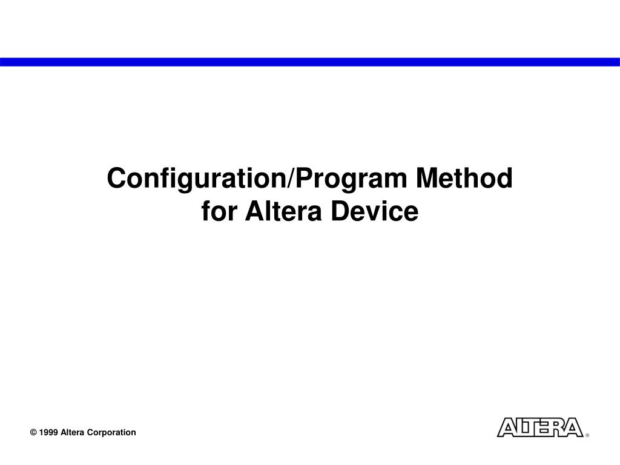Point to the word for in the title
(219, 212)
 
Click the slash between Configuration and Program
(293, 179)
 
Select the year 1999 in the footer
(48, 432)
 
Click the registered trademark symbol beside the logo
(587, 435)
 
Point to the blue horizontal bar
(310, 62)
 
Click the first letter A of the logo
(506, 427)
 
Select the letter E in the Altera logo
(541, 427)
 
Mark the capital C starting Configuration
(115, 179)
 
